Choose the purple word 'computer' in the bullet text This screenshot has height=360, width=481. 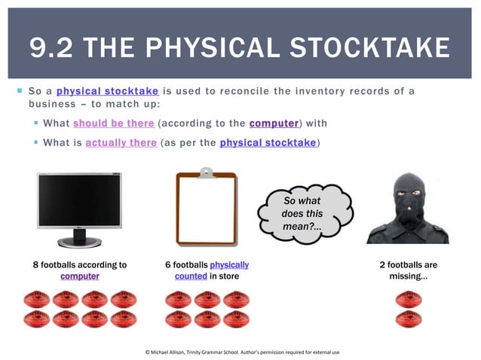coord(274,123)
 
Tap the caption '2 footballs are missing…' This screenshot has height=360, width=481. coord(409,270)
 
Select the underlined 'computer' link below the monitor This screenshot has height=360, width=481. coord(80,276)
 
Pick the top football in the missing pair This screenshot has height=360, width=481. coord(409,298)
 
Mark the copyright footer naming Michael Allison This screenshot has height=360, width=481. coord(242,352)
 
